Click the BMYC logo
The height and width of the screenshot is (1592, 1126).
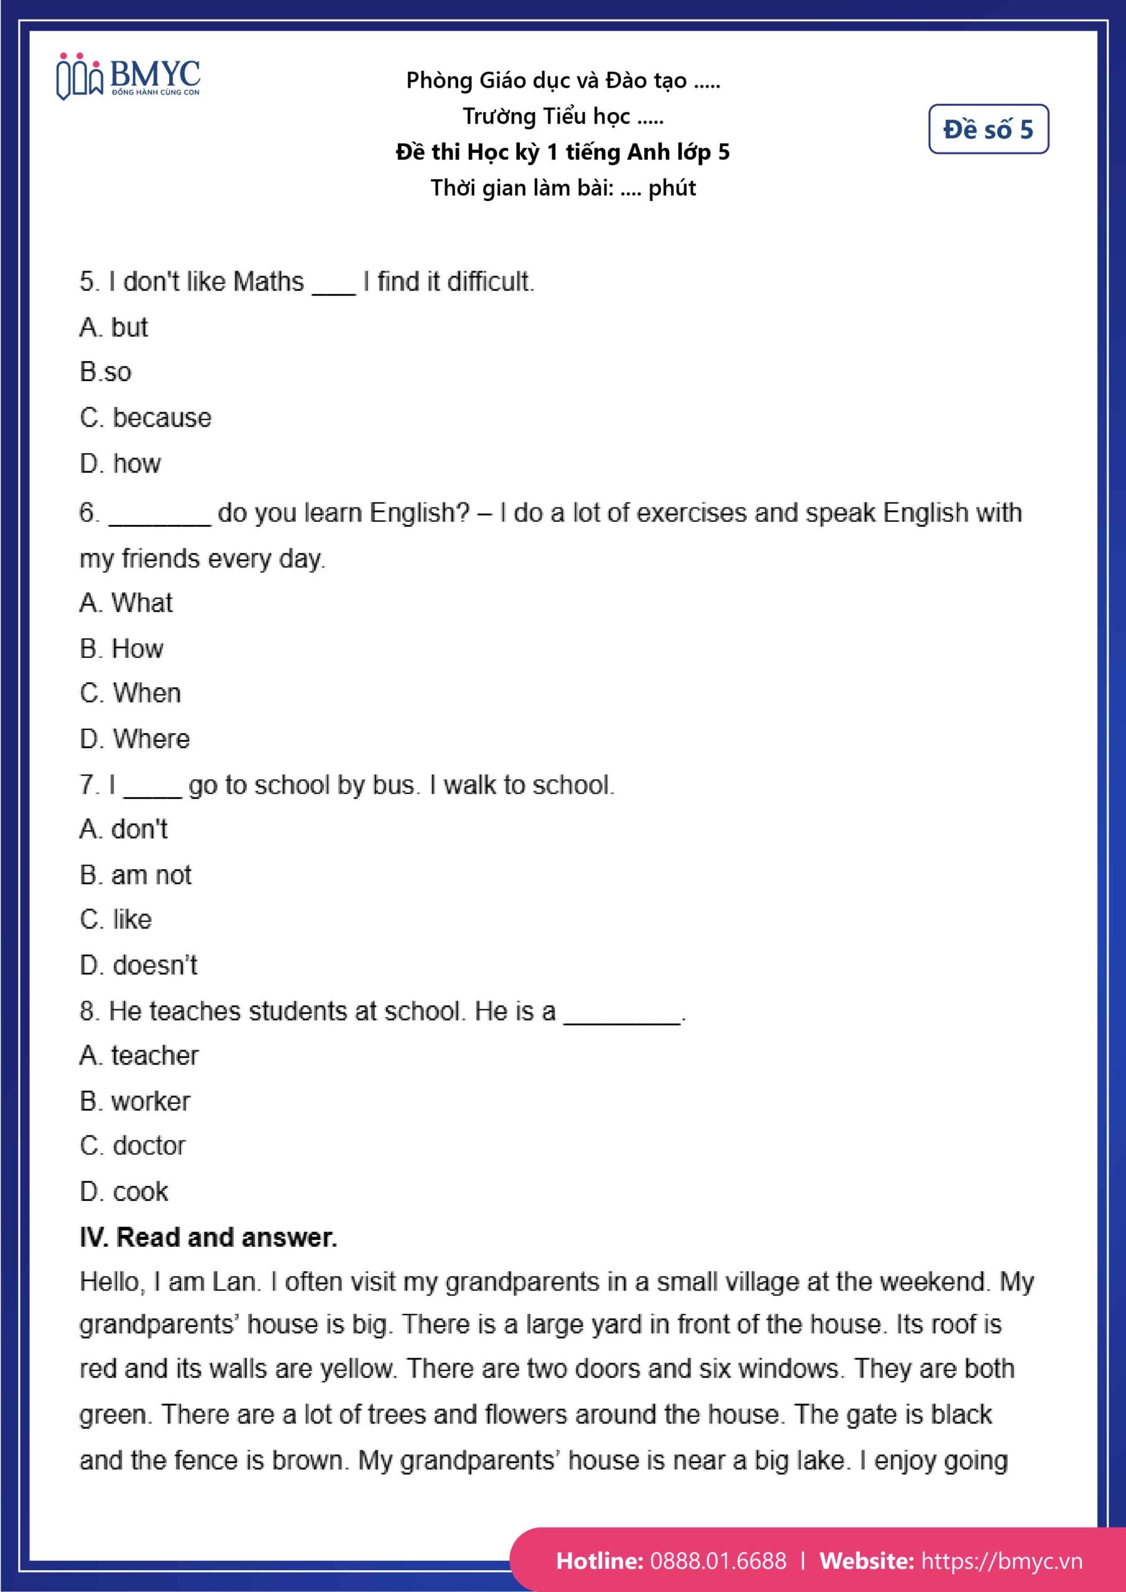click(128, 76)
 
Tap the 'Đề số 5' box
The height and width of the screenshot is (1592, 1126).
click(988, 129)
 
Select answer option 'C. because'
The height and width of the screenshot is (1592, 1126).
click(145, 417)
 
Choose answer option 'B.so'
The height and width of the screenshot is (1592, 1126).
click(106, 373)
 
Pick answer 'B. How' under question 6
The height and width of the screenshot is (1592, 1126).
click(121, 649)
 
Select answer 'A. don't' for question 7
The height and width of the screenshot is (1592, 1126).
click(123, 830)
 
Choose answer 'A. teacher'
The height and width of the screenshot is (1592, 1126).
click(139, 1055)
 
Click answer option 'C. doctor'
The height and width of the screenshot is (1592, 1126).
click(132, 1145)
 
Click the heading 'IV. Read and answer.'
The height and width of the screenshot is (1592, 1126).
click(208, 1237)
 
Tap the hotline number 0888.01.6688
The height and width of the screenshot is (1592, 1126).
click(718, 1561)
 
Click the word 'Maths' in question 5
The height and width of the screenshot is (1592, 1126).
click(269, 282)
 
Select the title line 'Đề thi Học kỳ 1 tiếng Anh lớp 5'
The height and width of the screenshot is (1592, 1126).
click(562, 152)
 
